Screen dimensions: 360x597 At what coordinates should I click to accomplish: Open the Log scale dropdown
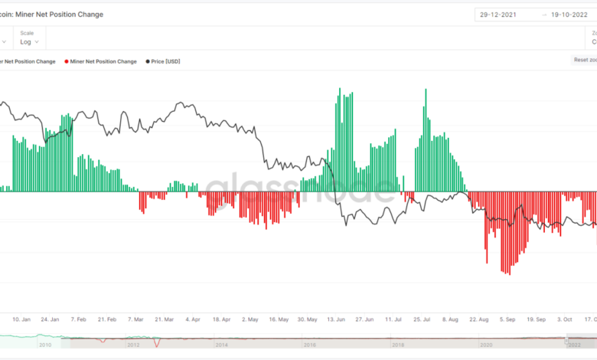click(x=30, y=42)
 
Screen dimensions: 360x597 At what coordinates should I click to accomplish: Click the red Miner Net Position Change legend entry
click(x=102, y=61)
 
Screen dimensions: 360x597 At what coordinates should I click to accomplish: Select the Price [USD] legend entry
click(x=165, y=61)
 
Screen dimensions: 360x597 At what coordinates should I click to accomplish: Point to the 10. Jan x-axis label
click(x=21, y=319)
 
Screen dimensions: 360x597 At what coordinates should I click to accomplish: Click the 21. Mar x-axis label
click(x=165, y=319)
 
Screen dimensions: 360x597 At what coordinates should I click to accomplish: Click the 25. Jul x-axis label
click(x=422, y=319)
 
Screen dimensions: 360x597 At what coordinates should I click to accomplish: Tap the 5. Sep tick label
click(x=507, y=319)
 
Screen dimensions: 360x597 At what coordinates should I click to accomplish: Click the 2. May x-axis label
click(x=250, y=319)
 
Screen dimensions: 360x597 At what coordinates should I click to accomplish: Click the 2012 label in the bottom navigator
click(x=135, y=345)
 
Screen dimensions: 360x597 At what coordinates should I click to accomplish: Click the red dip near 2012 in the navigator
click(x=158, y=343)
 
